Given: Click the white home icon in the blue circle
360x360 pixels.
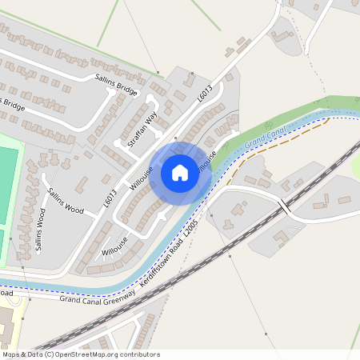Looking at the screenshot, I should click(180, 172).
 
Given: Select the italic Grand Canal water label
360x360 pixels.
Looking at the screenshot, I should click(265, 135).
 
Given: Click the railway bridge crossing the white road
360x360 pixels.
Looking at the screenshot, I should click(283, 206).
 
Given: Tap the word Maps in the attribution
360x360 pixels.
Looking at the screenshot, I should click(11, 354).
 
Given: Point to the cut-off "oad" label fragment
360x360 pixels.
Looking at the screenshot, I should click(6, 293).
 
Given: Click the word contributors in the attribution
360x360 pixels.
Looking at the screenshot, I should click(139, 354).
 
